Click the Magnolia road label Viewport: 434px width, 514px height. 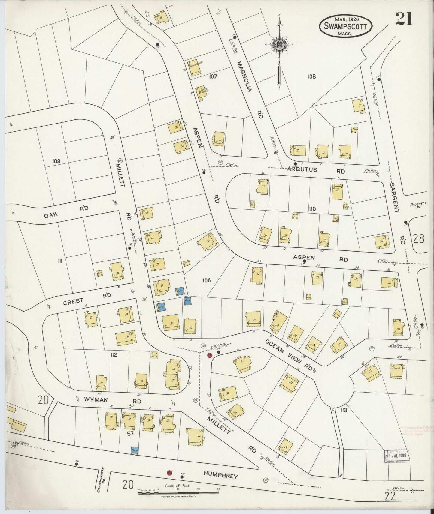[x=244, y=76]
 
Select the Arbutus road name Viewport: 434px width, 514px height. [x=302, y=169]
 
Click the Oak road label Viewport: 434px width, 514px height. [x=51, y=214]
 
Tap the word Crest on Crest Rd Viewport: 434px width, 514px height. [x=73, y=302]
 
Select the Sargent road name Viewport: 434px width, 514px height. [x=394, y=198]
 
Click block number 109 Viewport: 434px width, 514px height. [x=56, y=161]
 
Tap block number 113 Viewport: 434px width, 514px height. [x=344, y=410]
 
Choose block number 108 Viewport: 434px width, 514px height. [x=311, y=76]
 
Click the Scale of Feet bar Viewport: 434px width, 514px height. [x=179, y=492]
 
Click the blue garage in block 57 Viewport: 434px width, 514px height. [x=134, y=450]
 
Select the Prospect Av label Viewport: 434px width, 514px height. [x=417, y=205]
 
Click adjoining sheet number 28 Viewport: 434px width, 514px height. [x=419, y=239]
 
